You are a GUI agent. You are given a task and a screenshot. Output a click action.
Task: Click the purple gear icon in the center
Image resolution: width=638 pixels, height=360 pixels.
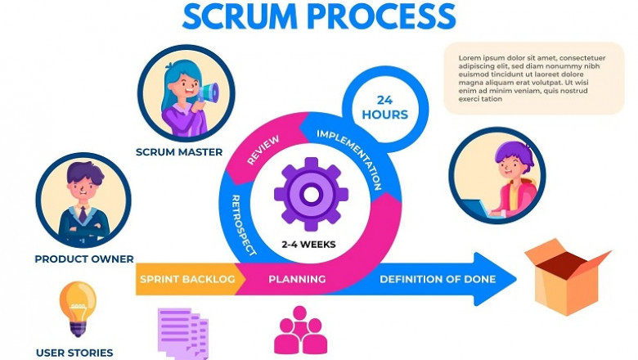coord(311,194)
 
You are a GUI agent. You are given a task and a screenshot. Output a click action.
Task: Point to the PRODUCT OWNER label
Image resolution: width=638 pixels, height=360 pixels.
coord(84,259)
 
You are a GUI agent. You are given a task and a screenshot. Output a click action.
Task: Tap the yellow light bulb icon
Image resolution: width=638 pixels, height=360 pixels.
coord(78,307)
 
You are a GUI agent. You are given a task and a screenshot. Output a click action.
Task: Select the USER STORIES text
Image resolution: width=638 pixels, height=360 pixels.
coord(74,353)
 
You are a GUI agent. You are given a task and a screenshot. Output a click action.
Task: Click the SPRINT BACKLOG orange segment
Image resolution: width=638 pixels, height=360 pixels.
coord(187,280)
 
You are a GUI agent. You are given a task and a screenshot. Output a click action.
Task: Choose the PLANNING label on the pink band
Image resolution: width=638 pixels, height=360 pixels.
coord(297,280)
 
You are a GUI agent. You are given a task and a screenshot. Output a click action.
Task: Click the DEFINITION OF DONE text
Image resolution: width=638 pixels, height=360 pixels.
coord(438,280)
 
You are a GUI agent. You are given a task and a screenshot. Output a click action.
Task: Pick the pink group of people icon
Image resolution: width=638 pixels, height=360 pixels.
coord(300,331)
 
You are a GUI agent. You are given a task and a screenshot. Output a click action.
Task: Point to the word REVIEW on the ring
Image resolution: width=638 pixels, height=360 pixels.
coord(263,151)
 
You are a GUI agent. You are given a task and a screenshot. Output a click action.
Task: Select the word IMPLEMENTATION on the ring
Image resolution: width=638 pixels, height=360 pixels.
coord(350,158)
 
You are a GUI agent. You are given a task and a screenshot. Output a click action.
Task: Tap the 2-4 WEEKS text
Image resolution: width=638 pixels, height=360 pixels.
coord(308,244)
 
